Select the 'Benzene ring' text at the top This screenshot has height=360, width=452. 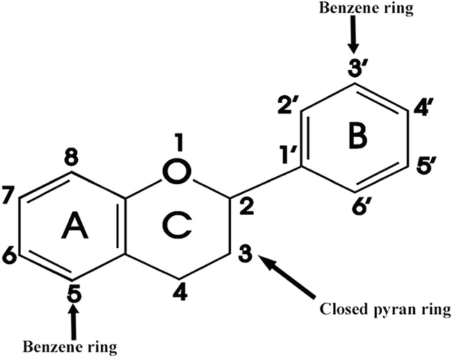[355, 10]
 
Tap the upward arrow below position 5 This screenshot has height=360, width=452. [73, 319]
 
